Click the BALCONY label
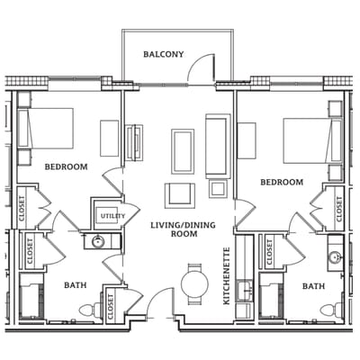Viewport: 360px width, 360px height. (x=163, y=55)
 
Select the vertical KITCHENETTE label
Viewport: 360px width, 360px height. (x=226, y=275)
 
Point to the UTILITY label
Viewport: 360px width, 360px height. (x=112, y=216)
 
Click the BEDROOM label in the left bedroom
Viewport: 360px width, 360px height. (x=66, y=166)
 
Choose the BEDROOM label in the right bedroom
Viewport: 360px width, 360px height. (x=282, y=182)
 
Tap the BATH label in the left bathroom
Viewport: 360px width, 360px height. (x=76, y=285)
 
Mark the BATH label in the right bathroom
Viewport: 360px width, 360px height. (x=313, y=286)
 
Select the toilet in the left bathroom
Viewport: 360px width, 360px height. (x=87, y=310)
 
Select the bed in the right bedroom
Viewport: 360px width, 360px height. (x=309, y=139)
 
